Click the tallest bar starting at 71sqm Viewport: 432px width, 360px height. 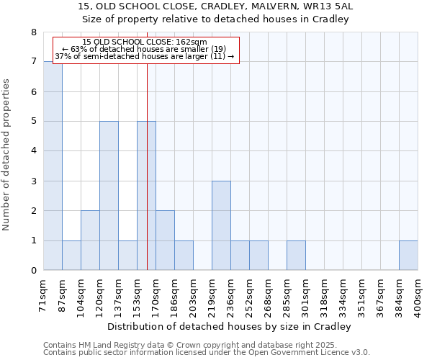(x=53, y=166)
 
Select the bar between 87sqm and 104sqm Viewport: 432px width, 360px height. (x=71, y=256)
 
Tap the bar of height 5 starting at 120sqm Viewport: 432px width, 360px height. (x=109, y=196)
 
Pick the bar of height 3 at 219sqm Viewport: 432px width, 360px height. (x=221, y=225)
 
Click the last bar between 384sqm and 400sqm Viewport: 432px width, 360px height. (x=408, y=256)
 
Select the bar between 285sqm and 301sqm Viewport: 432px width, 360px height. (x=296, y=256)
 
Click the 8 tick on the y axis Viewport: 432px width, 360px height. (x=33, y=32)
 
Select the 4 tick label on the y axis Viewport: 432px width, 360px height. (x=33, y=151)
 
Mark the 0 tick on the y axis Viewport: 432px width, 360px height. (x=33, y=271)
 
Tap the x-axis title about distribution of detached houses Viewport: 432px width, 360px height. (x=230, y=326)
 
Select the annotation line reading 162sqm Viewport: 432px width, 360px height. (x=145, y=42)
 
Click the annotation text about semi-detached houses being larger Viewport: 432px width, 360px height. (x=145, y=56)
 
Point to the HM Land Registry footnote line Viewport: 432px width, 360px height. (x=195, y=345)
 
